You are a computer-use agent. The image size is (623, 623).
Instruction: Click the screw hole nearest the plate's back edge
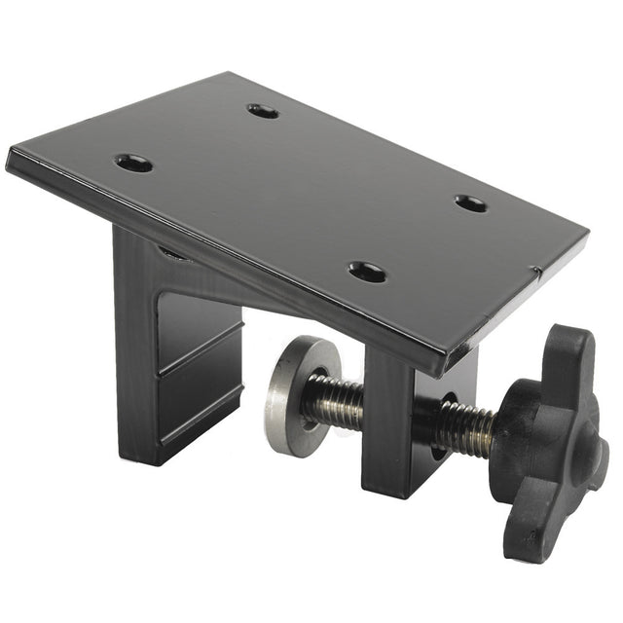263,111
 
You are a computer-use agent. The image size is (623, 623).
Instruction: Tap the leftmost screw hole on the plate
134,163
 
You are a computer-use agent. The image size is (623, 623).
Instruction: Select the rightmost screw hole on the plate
471,203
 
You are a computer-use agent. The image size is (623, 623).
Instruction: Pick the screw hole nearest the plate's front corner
367,272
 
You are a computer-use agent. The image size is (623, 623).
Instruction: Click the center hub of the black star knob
545,443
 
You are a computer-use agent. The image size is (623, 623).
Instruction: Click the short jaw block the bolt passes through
394,428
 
